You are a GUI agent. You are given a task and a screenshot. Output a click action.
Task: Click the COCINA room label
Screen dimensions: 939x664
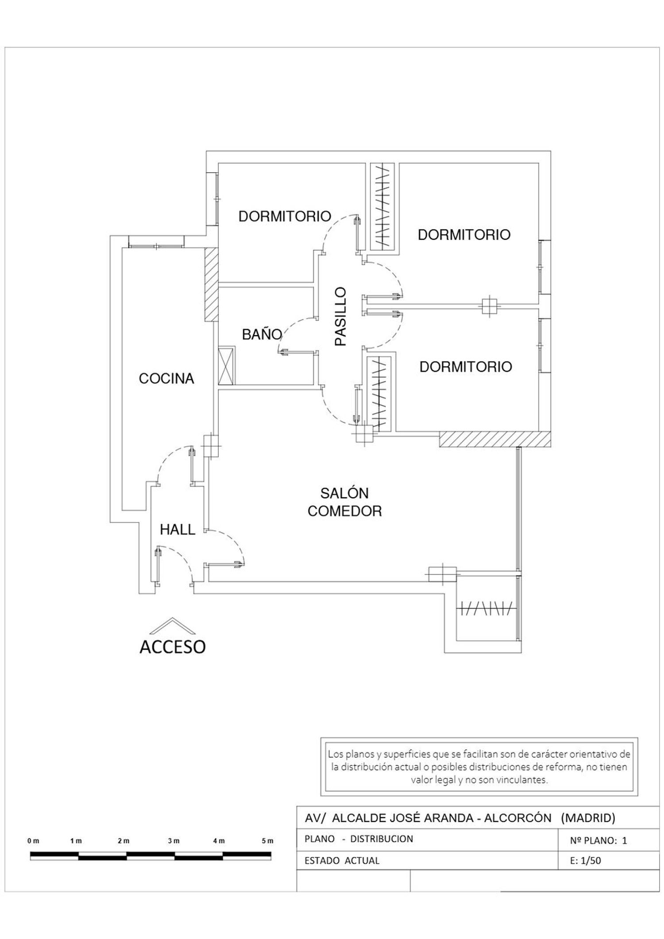click(166, 379)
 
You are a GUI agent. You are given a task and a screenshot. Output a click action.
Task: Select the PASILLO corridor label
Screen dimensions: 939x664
click(340, 316)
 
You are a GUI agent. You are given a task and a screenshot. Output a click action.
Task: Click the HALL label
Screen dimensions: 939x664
click(178, 529)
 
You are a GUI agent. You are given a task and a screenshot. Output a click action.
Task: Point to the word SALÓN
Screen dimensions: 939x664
click(344, 493)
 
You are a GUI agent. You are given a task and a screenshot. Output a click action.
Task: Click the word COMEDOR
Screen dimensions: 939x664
click(344, 511)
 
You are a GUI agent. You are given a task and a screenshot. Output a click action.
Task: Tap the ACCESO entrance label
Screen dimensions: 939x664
click(173, 647)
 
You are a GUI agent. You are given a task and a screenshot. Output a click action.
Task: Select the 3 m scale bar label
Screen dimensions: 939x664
click(174, 841)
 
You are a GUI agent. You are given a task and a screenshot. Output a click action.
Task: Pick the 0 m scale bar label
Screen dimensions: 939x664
click(33, 841)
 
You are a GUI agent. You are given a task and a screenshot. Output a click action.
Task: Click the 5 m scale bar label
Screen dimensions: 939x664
click(267, 841)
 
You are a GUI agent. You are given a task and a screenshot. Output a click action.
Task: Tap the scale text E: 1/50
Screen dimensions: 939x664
click(586, 861)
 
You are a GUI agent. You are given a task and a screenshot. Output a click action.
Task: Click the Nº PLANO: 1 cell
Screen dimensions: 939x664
click(598, 841)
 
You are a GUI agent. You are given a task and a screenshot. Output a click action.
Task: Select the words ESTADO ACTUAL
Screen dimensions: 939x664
click(342, 861)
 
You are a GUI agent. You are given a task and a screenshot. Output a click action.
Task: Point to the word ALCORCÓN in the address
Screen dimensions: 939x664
click(517, 818)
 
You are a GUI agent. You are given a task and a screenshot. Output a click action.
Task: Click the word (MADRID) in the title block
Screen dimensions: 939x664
click(588, 818)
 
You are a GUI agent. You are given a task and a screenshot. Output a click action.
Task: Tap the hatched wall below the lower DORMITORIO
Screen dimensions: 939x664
click(495, 439)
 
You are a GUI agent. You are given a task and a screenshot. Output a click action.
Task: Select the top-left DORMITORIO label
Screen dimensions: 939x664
click(285, 216)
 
